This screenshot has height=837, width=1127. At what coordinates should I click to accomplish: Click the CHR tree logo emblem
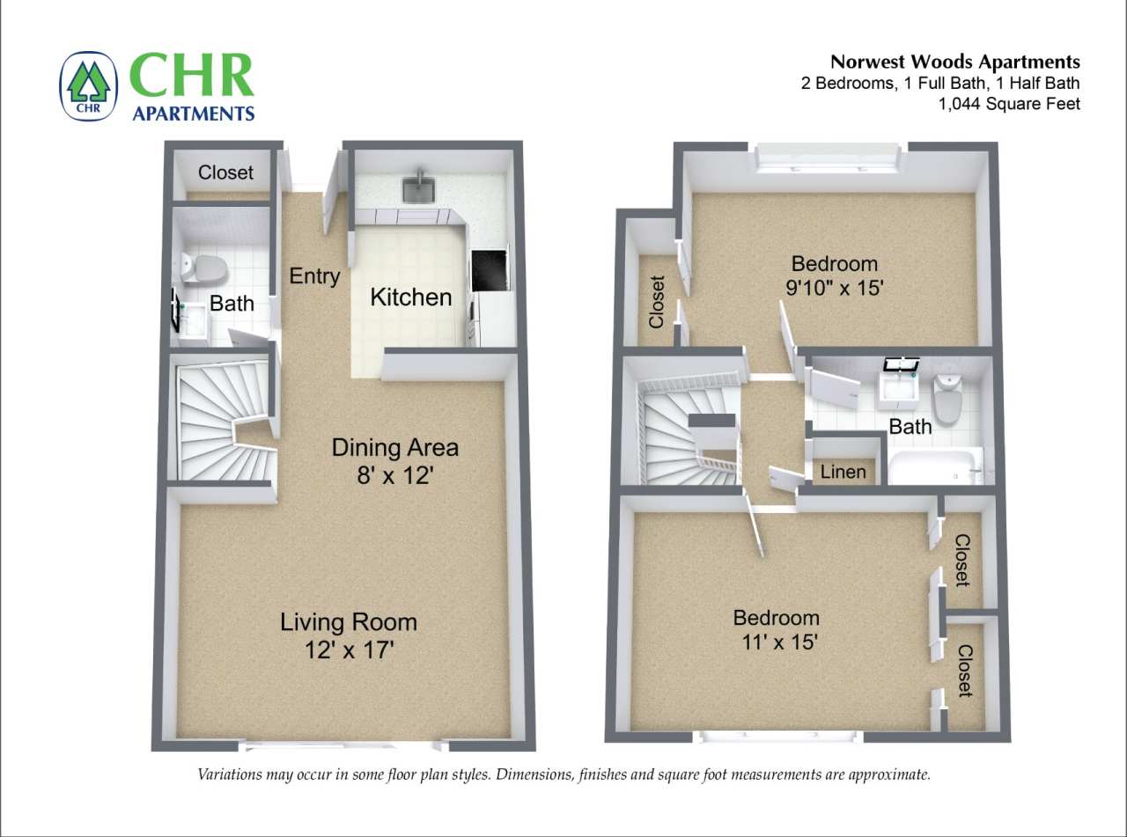pyautogui.click(x=89, y=85)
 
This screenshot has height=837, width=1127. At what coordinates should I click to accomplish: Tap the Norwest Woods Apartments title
pyautogui.click(x=955, y=62)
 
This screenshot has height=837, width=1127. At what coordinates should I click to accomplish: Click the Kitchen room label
pyautogui.click(x=410, y=297)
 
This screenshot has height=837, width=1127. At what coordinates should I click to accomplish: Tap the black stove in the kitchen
pyautogui.click(x=490, y=270)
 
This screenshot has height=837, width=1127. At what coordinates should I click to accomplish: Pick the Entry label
pyautogui.click(x=314, y=276)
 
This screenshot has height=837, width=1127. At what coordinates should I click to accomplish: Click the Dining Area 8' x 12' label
pyautogui.click(x=394, y=460)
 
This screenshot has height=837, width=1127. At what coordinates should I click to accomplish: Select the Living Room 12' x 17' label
pyautogui.click(x=348, y=635)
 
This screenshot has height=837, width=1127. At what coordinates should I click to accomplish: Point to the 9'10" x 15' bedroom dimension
pyautogui.click(x=834, y=288)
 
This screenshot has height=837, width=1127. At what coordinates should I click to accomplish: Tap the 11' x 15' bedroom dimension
pyautogui.click(x=776, y=642)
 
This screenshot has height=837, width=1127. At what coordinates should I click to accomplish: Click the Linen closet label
pyautogui.click(x=843, y=472)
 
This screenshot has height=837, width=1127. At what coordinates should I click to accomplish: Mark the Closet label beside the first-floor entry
pyautogui.click(x=225, y=173)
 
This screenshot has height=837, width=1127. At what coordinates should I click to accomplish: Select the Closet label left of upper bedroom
pyautogui.click(x=657, y=302)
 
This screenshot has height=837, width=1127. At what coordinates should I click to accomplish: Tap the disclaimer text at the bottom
pyautogui.click(x=563, y=775)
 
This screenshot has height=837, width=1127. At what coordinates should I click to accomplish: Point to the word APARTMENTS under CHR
pyautogui.click(x=193, y=113)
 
